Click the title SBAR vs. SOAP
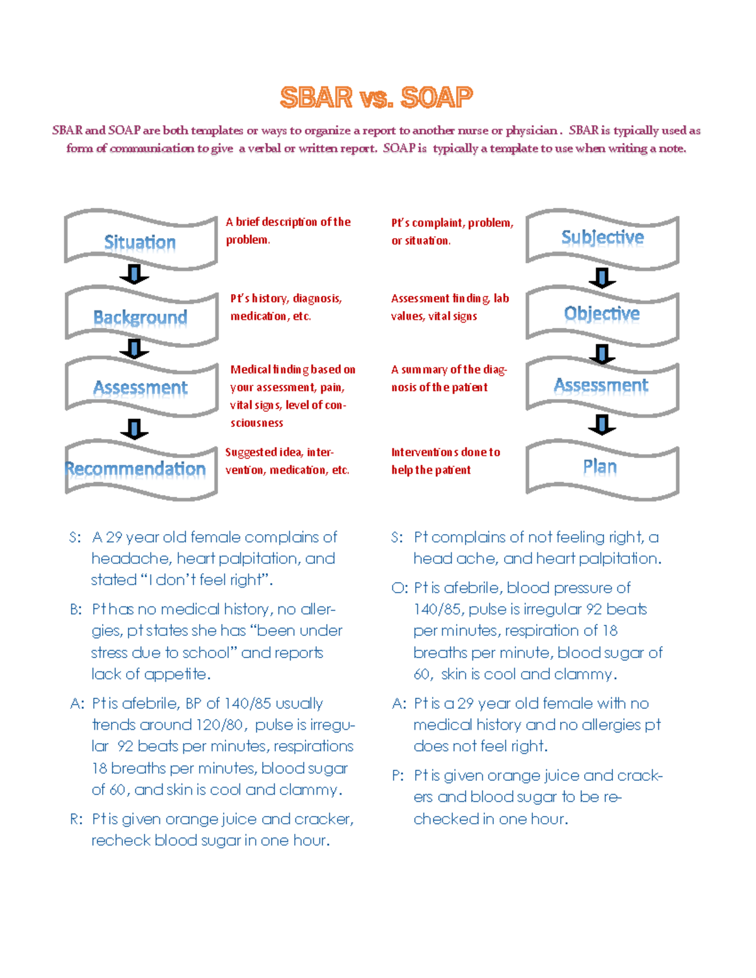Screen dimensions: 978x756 pos(376,98)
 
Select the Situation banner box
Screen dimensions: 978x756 pos(140,241)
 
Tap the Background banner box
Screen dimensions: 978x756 pos(140,317)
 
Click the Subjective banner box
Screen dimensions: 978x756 pos(602,237)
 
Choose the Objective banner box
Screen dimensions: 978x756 pos(602,314)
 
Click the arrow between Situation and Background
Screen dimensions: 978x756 pos(134,275)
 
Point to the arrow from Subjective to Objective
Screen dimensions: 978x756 pos(602,278)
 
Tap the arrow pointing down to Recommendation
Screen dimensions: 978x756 pos(134,429)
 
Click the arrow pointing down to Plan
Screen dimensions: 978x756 pos(602,424)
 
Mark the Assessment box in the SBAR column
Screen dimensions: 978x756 pos(140,387)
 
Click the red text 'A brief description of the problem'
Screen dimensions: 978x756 pos(288,230)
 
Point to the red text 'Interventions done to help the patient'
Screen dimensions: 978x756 pos(445,461)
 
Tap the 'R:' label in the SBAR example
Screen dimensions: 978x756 pos(76,819)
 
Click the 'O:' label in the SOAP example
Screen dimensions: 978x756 pos(399,588)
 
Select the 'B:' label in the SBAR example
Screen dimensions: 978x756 pos(76,610)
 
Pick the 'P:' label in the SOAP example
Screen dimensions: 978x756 pos(398,776)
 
